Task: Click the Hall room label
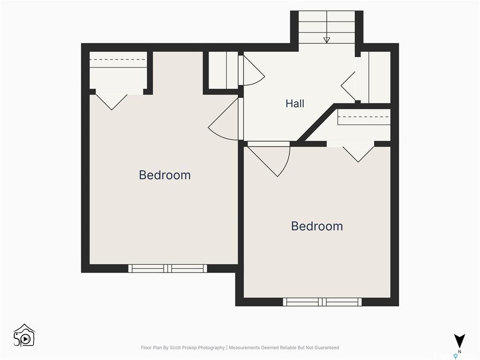295,104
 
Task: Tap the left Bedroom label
165,175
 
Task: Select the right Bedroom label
317,226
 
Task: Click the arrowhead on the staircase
327,40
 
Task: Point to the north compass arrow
459,341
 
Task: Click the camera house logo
24,336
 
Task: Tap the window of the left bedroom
167,269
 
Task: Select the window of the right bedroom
322,302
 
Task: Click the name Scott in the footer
175,348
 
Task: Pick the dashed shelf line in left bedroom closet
118,60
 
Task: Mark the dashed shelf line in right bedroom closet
364,117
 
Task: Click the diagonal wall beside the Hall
316,123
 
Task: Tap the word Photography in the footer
211,348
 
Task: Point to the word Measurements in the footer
244,348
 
